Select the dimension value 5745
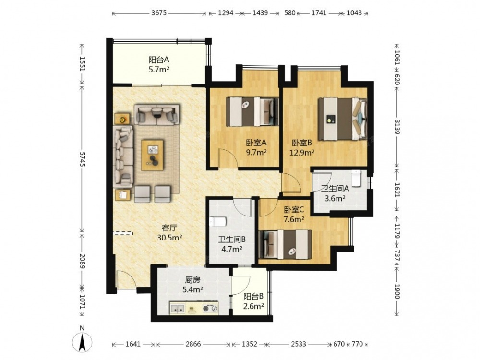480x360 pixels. pyautogui.click(x=82, y=158)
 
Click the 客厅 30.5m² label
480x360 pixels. pyautogui.click(x=169, y=233)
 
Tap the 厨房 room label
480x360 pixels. pyautogui.click(x=192, y=280)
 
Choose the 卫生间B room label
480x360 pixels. pyautogui.click(x=232, y=240)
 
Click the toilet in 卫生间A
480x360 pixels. pyautogui.click(x=356, y=178)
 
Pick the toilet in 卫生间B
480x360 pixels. pyautogui.click(x=217, y=221)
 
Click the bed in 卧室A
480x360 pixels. pyautogui.click(x=252, y=112)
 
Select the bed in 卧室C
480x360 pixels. pyautogui.click(x=285, y=245)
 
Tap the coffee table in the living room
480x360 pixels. pyautogui.click(x=152, y=155)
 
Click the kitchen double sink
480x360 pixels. pyautogui.click(x=177, y=309)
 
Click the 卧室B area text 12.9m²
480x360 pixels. pyautogui.click(x=302, y=152)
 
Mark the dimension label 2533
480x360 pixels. pyautogui.click(x=298, y=344)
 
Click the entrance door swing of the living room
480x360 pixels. pyautogui.click(x=125, y=279)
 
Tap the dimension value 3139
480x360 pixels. pyautogui.click(x=397, y=127)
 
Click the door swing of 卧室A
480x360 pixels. pyautogui.click(x=227, y=158)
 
